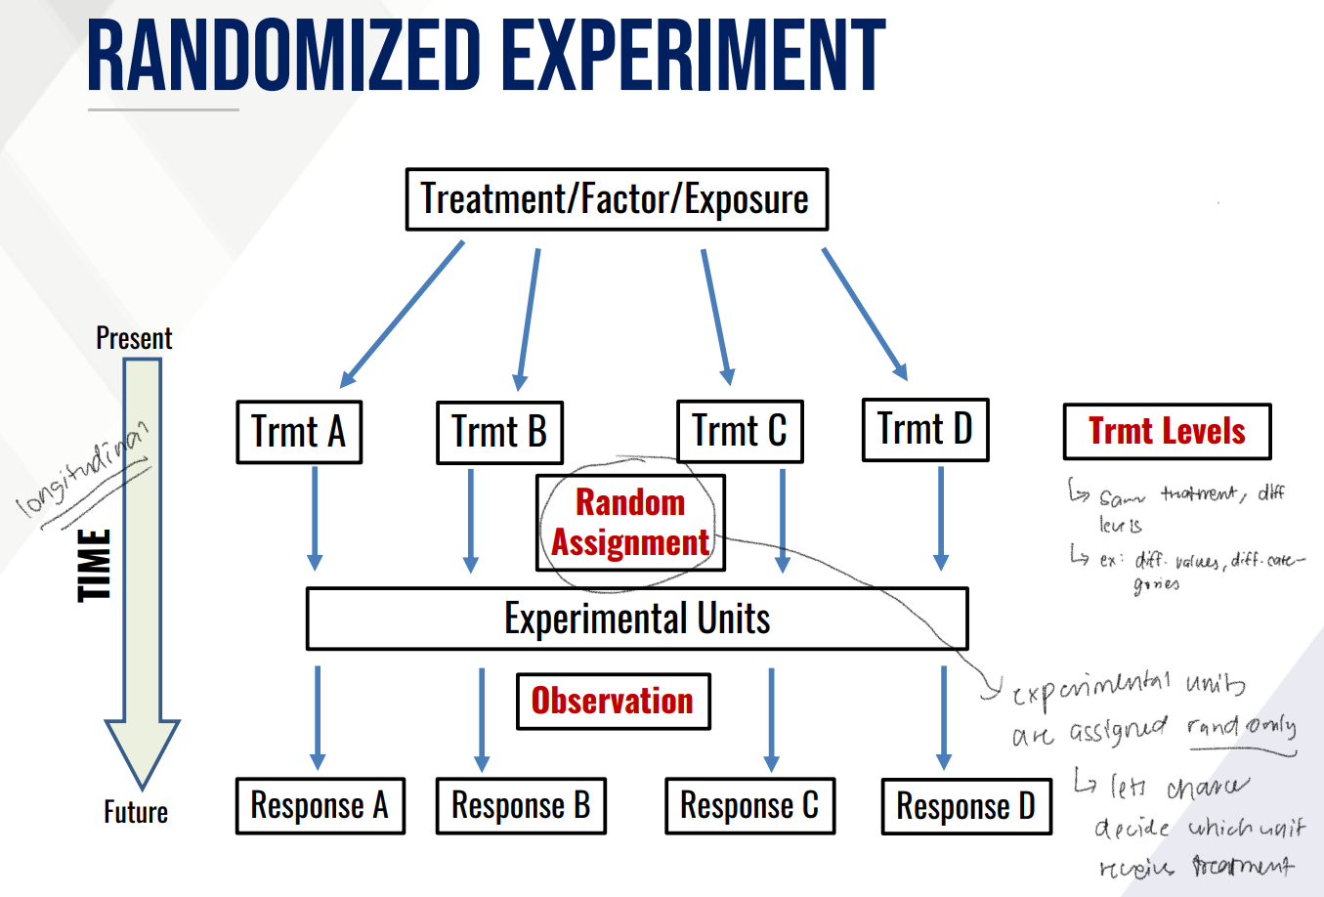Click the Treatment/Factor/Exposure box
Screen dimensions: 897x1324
pos(617,199)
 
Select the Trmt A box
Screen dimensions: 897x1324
pos(299,432)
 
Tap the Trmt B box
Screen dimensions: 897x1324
pos(499,432)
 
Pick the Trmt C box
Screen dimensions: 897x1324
pos(740,431)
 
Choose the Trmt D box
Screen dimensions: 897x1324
pos(925,429)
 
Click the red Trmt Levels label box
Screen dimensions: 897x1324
pos(1167,431)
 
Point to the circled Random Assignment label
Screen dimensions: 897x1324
pos(630,523)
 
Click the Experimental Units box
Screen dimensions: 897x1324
pos(637,619)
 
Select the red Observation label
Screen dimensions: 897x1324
pos(613,701)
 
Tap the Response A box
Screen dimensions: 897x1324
pos(320,806)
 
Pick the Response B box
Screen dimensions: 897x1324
pos(521,806)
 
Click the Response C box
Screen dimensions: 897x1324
pos(749,806)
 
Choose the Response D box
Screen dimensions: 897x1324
pos(965,807)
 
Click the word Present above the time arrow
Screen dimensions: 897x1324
pos(134,338)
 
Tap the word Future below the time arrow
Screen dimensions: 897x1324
pos(136,812)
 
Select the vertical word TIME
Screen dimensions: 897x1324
pos(95,565)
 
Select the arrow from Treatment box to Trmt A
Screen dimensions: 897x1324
pos(403,314)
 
